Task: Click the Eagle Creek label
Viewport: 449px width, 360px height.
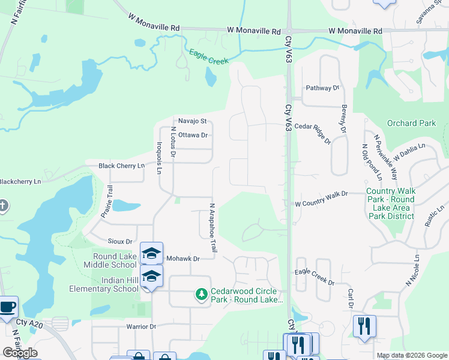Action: (x=209, y=57)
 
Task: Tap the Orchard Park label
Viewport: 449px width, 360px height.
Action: (x=411, y=124)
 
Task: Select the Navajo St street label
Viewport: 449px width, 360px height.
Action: (x=191, y=121)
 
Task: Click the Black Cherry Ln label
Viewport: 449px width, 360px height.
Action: (x=122, y=166)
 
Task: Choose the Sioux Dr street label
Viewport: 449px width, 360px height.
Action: (x=120, y=241)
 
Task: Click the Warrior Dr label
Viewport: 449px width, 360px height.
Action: (x=141, y=327)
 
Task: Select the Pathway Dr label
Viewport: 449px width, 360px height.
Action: (x=322, y=88)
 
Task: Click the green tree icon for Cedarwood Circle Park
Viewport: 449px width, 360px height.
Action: (x=202, y=294)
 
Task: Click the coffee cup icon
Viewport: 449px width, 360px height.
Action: (x=8, y=307)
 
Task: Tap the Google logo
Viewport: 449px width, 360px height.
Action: (x=20, y=353)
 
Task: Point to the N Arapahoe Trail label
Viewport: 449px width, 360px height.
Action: (x=212, y=227)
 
